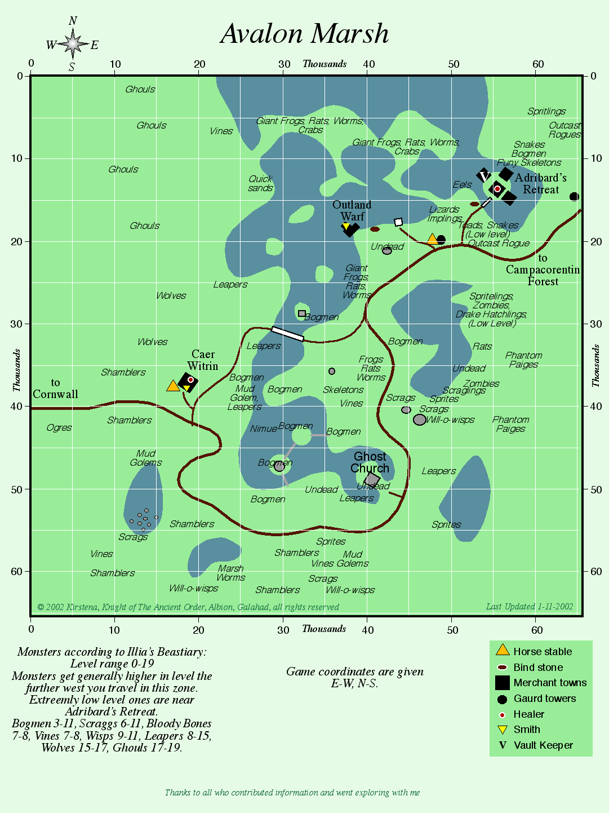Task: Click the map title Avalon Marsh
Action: tap(304, 34)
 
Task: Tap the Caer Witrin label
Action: tap(203, 360)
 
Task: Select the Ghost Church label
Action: tap(370, 462)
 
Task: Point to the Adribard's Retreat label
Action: tap(540, 184)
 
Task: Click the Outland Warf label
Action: tap(352, 210)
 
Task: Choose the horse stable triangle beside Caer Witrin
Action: tap(173, 386)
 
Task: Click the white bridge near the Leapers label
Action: tap(287, 334)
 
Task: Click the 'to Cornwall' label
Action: tap(55, 388)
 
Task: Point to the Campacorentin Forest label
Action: tap(543, 275)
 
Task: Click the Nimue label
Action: tap(263, 429)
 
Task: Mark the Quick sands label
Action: tap(260, 183)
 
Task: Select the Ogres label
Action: tap(59, 428)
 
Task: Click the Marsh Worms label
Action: tap(231, 573)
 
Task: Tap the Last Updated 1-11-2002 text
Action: tap(530, 607)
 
